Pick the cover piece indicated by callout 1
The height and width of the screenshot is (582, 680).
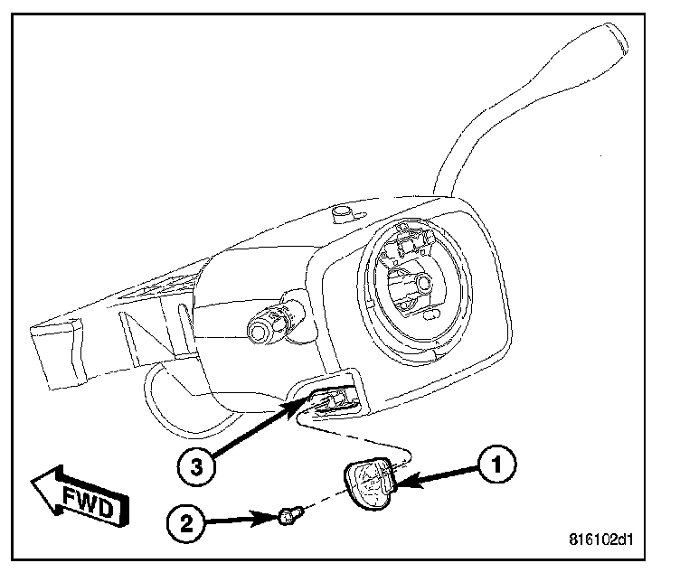[x=369, y=485]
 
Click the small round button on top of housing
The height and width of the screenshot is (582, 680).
[x=344, y=213]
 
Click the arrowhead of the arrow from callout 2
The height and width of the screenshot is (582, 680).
[x=277, y=517]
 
